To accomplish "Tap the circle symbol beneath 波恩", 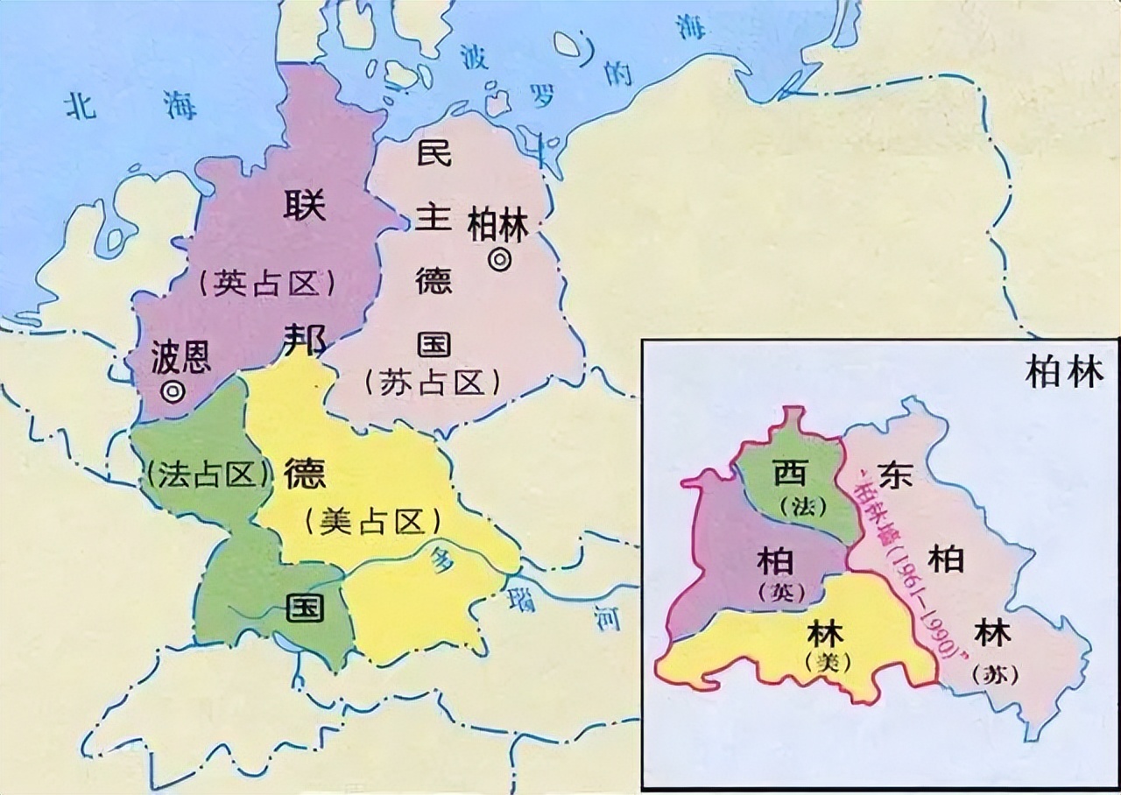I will [173, 391].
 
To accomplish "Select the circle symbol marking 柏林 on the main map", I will [500, 260].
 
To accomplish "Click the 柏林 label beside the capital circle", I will [498, 227].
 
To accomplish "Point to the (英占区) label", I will [267, 285].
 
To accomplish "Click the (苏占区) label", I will [433, 383].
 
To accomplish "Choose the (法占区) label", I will [208, 475].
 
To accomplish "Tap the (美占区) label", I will [372, 523].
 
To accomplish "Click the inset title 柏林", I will [1065, 373].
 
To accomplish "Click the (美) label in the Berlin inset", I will [827, 663].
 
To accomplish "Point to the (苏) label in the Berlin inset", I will [992, 675].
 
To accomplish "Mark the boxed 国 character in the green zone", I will [304, 608].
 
